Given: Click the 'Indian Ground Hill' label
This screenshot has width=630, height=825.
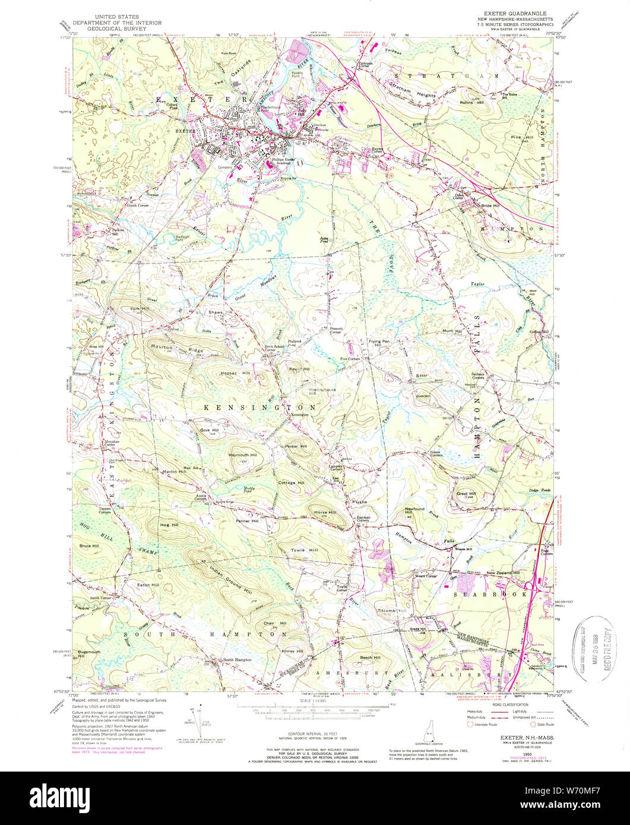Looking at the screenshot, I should tap(229, 575).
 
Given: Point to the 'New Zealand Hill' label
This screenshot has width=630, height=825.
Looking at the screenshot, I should tap(504, 573).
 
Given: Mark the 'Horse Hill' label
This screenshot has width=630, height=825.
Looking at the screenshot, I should tap(324, 512).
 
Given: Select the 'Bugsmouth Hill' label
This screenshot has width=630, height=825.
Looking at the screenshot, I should tap(86, 653).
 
